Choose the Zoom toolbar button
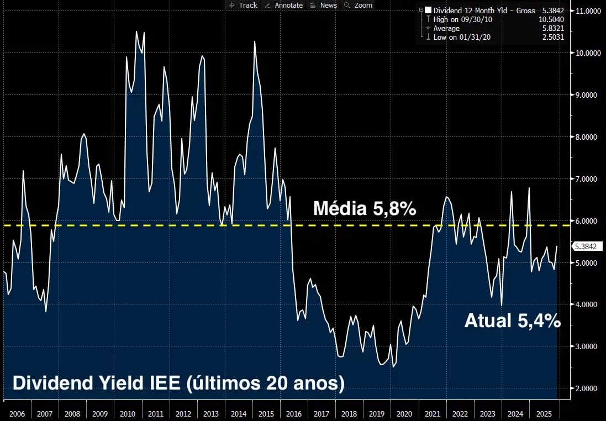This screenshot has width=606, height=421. point(359,5)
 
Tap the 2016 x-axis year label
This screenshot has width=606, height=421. point(294,413)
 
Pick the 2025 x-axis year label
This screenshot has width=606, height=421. point(542,413)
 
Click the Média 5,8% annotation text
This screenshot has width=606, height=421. point(364,209)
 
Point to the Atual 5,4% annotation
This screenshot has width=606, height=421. point(512,320)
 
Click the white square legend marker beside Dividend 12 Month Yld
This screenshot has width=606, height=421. point(428,10)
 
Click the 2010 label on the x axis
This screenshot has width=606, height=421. point(128,413)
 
